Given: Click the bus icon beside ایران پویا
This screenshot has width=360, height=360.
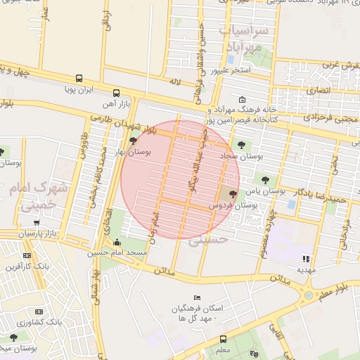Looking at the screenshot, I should click(79, 79).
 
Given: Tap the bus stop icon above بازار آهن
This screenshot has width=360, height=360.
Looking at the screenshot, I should click(116, 93).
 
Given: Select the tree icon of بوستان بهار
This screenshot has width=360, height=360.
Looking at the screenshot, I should click(133, 141).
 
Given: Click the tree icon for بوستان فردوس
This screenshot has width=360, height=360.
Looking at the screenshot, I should click(233, 193).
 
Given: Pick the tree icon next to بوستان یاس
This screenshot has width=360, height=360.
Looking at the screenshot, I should click(264, 180).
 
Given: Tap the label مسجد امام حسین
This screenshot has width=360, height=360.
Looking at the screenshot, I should click(117, 252).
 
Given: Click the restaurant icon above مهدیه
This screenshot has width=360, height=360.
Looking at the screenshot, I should click(306, 258).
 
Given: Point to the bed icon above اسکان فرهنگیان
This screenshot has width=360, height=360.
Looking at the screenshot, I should click(197, 298).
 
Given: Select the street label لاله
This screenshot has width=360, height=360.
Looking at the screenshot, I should click(175, 82).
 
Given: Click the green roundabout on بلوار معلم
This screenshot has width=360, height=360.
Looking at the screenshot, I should click(308, 295).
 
